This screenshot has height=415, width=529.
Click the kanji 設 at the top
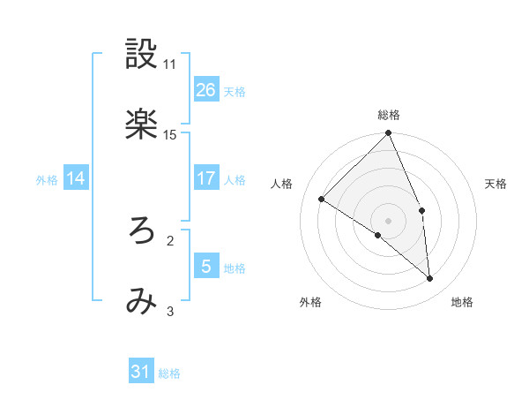click(x=141, y=56)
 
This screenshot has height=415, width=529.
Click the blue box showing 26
click(x=206, y=89)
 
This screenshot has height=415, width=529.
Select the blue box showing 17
click(x=206, y=177)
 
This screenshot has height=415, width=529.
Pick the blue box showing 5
click(x=206, y=266)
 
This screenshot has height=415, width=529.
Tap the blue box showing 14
click(x=76, y=178)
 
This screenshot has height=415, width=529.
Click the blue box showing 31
click(x=141, y=372)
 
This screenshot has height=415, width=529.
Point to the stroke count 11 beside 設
click(x=170, y=64)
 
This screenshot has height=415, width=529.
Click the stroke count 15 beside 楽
click(x=170, y=134)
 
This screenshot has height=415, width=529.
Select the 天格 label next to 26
click(x=235, y=91)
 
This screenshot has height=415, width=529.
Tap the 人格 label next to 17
click(x=235, y=179)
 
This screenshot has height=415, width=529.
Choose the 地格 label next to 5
click(x=235, y=268)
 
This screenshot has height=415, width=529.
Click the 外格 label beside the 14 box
click(x=47, y=179)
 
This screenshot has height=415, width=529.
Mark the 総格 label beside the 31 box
click(x=169, y=373)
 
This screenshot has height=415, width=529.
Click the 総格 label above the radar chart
click(x=389, y=115)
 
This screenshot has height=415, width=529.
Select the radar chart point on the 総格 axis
click(x=389, y=134)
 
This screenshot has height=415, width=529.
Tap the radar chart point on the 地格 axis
click(x=430, y=278)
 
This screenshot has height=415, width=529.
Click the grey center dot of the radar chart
click(x=389, y=220)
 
